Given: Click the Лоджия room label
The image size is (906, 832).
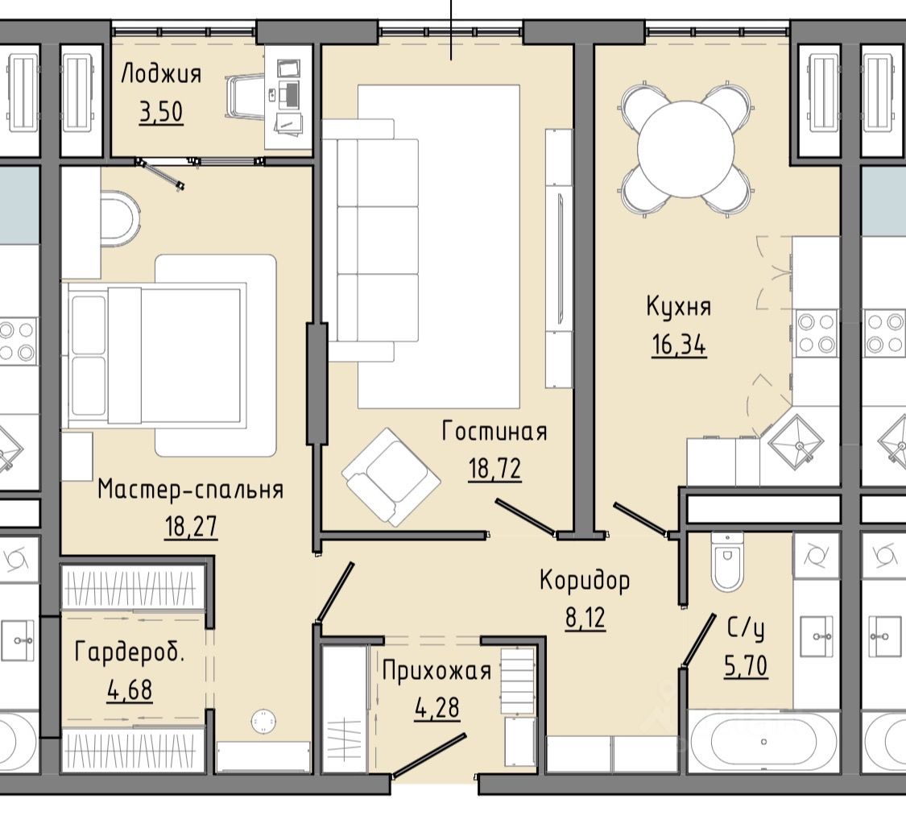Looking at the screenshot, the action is coord(161,75).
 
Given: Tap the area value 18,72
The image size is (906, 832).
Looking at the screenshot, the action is coord(495,468).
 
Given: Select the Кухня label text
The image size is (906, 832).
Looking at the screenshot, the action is coord(679,307).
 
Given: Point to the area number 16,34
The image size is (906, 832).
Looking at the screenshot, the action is coord(679,346).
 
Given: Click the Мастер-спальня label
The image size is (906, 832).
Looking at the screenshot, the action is coord(191,490).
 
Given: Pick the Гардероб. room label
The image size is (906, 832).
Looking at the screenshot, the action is coord(130,652).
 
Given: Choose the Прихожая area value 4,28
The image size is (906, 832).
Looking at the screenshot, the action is coord(437,708).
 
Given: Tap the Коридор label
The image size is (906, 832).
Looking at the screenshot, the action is coord(585,581).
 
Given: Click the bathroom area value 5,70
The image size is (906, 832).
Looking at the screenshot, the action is coord(746,665).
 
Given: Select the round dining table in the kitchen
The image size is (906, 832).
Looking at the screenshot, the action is coord(686,149).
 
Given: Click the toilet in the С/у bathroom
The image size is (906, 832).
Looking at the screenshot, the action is coord(727,561).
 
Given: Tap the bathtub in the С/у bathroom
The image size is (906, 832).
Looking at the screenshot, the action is coord(763,741).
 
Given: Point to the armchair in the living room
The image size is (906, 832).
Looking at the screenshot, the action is coord(391,478).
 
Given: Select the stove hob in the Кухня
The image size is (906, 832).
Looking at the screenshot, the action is coord(816,333).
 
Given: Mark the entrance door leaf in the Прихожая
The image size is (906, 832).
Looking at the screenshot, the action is coord(429,755).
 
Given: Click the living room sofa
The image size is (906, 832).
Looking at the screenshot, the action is coord(370,240).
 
